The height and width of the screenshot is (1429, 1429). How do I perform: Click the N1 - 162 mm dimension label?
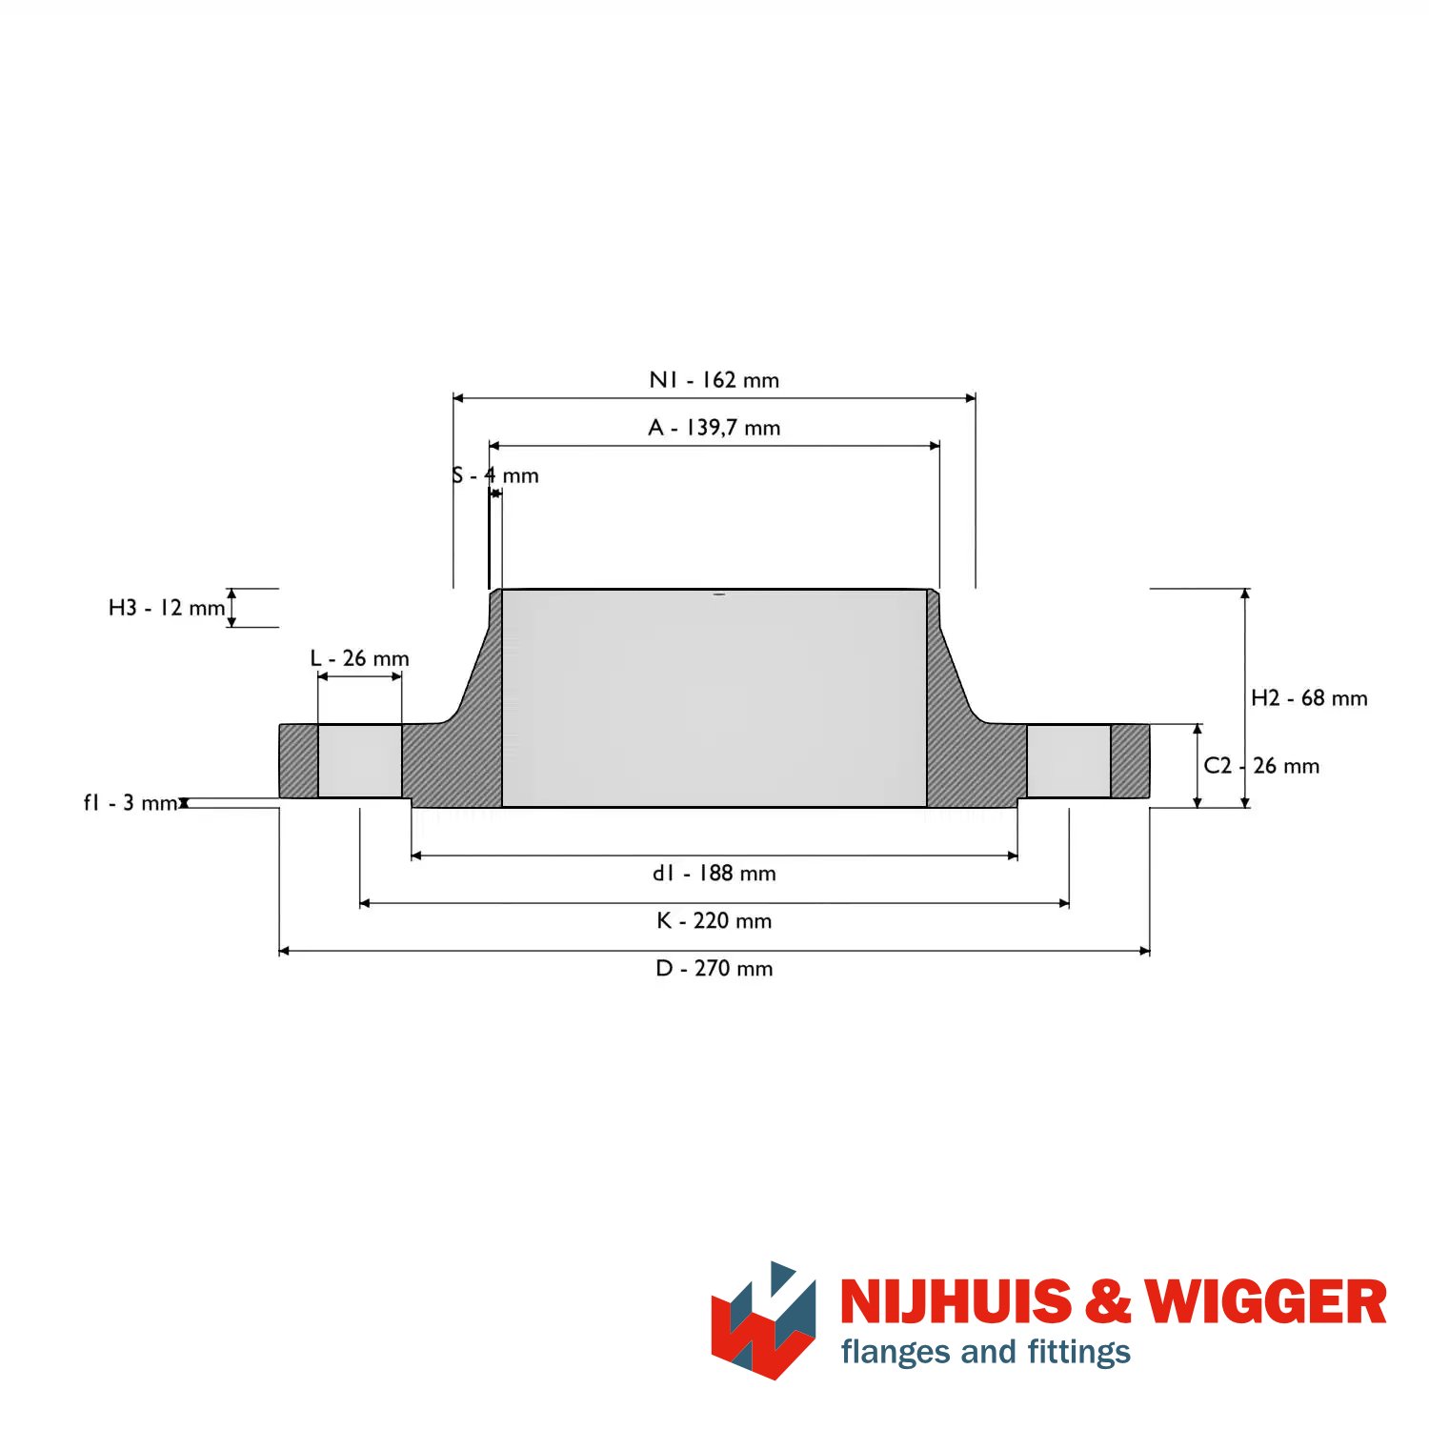click(714, 380)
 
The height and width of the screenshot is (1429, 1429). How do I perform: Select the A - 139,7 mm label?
click(714, 428)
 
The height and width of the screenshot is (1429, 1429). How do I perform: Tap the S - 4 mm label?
click(495, 475)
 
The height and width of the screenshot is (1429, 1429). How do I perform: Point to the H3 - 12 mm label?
click(167, 608)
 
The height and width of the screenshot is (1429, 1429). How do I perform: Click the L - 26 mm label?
click(360, 658)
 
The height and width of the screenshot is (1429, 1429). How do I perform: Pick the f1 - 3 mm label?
click(131, 803)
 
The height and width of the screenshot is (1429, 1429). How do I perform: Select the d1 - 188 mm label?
click(714, 874)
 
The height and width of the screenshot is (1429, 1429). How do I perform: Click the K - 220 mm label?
click(714, 921)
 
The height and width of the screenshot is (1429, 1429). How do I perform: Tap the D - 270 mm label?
click(714, 969)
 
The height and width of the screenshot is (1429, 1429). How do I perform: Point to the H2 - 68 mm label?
click(1309, 698)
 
